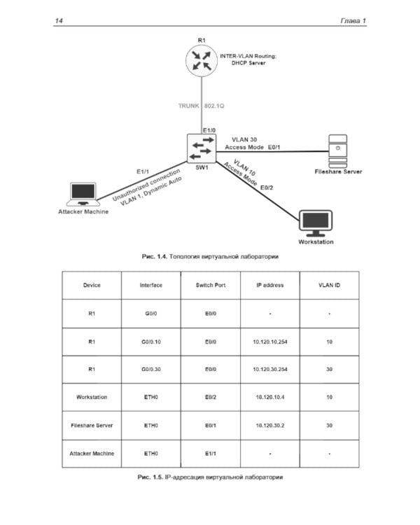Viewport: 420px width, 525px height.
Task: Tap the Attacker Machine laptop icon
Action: pyautogui.click(x=83, y=194)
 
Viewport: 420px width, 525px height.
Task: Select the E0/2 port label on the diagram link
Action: pyautogui.click(x=267, y=188)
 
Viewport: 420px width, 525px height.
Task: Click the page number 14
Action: pyautogui.click(x=58, y=21)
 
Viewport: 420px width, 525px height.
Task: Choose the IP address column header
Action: pyautogui.click(x=269, y=285)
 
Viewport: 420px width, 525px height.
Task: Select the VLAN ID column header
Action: pyautogui.click(x=329, y=285)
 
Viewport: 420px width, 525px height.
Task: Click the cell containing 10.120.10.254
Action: pyautogui.click(x=269, y=341)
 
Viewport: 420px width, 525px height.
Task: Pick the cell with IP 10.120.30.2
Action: pyautogui.click(x=269, y=425)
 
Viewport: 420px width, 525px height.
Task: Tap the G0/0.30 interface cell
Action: pyautogui.click(x=150, y=369)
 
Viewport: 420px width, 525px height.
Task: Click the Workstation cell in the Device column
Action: pyautogui.click(x=92, y=397)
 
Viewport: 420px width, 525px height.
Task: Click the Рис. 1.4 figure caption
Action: pyautogui.click(x=210, y=257)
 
